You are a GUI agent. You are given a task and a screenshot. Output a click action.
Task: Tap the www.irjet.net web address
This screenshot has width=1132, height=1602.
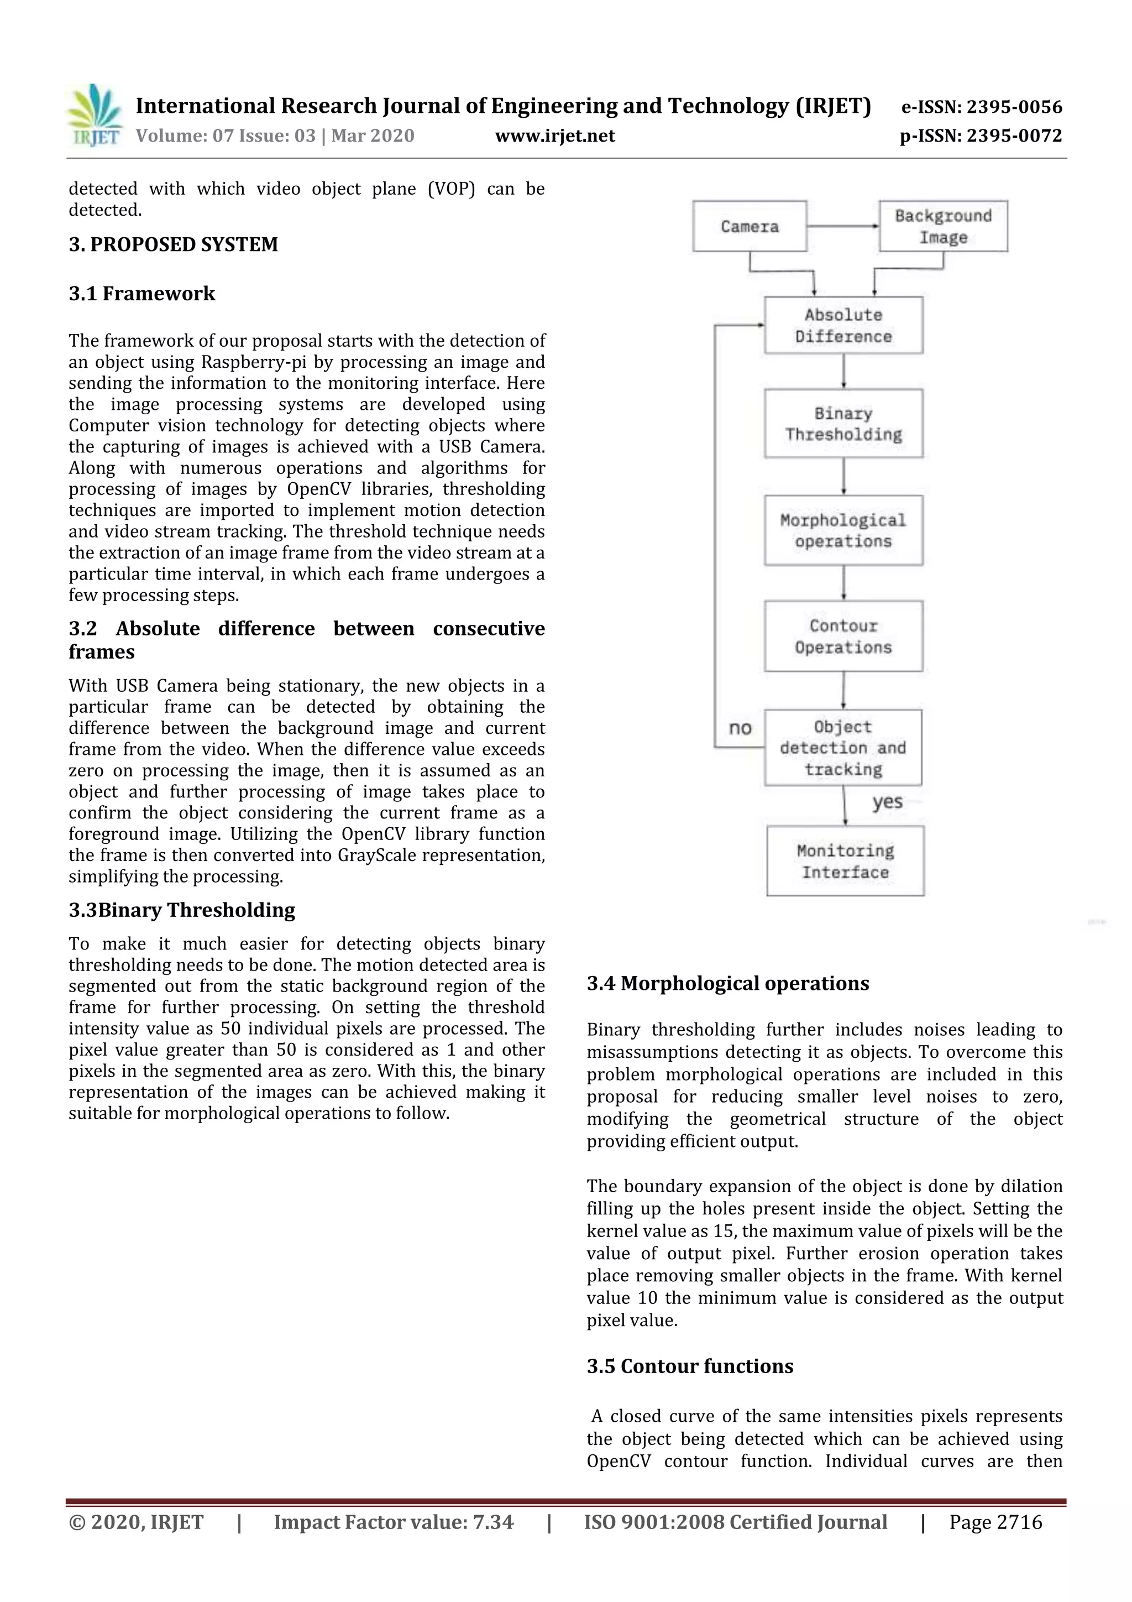(554, 135)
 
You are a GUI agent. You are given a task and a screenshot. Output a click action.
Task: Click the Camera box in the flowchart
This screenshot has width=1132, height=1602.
(750, 226)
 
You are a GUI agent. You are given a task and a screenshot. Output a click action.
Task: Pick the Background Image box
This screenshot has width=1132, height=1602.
(943, 226)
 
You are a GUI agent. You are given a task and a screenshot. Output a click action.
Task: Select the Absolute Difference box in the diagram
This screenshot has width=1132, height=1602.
(843, 326)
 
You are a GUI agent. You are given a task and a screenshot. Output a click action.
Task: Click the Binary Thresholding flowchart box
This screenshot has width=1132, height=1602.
(843, 424)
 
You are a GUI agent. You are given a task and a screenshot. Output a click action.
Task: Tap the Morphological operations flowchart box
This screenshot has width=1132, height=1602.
(843, 530)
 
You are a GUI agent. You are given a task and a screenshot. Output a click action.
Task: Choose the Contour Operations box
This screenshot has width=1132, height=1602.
(843, 636)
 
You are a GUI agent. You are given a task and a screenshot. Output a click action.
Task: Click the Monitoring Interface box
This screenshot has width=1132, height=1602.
(845, 861)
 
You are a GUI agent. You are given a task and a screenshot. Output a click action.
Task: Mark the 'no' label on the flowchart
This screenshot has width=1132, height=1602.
(740, 728)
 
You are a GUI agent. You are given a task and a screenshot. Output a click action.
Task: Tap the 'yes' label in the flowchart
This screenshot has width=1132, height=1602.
(887, 802)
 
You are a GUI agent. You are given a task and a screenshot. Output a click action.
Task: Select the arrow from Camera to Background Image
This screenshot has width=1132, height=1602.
(842, 226)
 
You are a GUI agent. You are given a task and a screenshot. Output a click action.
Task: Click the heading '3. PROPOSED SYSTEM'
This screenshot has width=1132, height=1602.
(173, 244)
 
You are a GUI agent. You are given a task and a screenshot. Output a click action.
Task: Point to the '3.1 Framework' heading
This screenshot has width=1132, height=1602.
(141, 293)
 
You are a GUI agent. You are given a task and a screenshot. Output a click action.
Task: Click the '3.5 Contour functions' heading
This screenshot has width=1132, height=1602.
(690, 1366)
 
